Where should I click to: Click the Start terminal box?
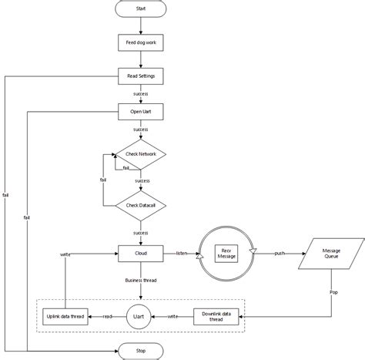(x=140, y=9)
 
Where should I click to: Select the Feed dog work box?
(x=140, y=42)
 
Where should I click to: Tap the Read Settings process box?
(x=140, y=76)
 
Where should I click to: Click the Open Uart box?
(x=140, y=112)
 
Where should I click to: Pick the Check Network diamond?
(x=140, y=154)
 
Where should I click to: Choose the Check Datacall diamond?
(x=140, y=205)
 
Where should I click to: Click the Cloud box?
(x=140, y=252)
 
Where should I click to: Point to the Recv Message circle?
(x=226, y=253)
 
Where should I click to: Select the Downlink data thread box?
(x=219, y=315)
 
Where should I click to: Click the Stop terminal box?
(x=140, y=351)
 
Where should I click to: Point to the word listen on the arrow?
(x=182, y=252)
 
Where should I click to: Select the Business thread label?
(x=140, y=281)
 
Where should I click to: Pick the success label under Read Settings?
(x=140, y=94)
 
